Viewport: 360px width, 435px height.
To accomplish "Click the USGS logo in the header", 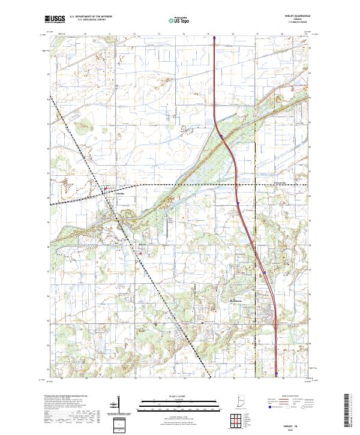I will point(55,20).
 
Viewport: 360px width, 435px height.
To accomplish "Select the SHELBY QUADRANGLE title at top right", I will point(293,17).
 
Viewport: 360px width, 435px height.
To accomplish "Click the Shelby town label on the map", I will point(120,194).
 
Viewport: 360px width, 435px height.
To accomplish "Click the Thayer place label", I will point(142,245).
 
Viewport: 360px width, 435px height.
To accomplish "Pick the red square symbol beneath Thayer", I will point(141,253).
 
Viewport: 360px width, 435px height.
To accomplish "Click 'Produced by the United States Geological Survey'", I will point(66,397).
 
